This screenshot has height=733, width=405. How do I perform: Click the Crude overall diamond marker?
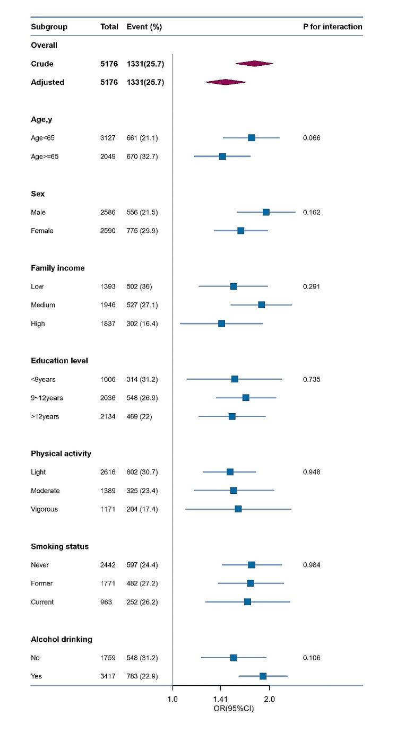[254, 64]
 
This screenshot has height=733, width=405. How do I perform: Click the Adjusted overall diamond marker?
[226, 82]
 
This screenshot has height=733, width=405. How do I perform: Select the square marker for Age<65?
[252, 138]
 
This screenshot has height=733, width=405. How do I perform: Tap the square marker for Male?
[266, 212]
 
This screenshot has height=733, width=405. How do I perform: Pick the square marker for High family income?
[222, 324]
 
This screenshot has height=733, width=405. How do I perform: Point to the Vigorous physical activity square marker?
[238, 509]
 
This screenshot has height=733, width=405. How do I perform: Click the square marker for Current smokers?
[247, 602]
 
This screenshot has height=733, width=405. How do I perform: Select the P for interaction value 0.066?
[312, 138]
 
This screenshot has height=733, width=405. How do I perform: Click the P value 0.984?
[312, 565]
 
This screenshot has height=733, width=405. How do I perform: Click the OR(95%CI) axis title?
[232, 708]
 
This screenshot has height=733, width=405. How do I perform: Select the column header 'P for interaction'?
[333, 27]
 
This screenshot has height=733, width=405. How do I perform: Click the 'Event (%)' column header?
[144, 27]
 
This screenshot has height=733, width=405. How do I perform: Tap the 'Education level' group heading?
[59, 361]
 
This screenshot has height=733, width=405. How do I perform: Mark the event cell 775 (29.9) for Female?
[142, 231]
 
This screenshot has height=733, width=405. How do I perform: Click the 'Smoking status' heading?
[59, 546]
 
